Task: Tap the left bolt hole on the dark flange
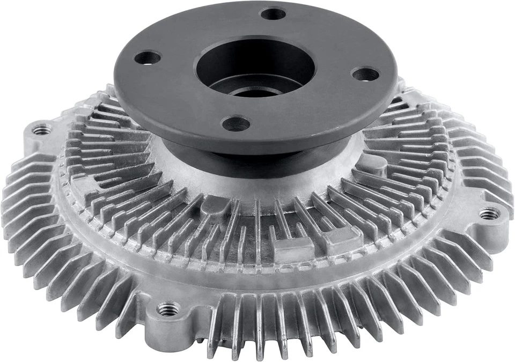pos(147,57)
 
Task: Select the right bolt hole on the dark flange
pos(365,73)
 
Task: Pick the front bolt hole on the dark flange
pos(236,124)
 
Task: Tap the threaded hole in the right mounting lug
pos(489,213)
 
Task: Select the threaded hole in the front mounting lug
pos(168,309)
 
